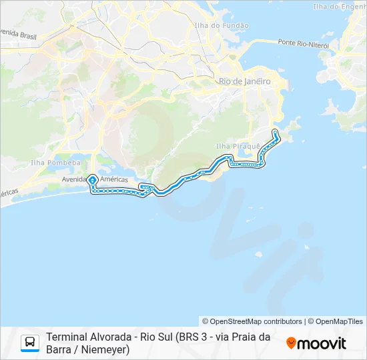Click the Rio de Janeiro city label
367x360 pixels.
click(245, 81)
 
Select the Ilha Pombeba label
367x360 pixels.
click(56, 162)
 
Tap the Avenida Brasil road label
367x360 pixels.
click(18, 33)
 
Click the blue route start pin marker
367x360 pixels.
click(92, 179)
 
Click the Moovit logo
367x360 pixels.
click(316, 343)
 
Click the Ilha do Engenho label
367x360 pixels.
click(339, 7)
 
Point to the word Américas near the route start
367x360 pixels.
click(113, 179)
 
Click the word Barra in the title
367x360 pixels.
click(58, 349)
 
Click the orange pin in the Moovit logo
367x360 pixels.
click(291, 343)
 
